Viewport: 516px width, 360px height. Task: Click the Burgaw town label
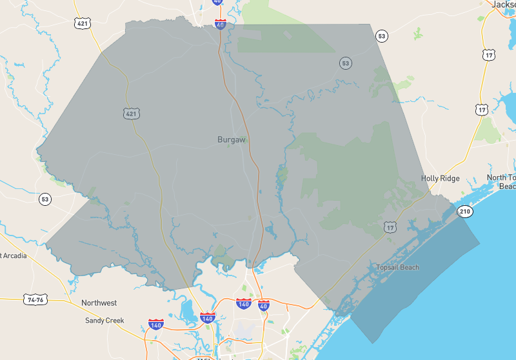[232, 139]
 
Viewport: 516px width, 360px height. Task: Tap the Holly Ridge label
[441, 178]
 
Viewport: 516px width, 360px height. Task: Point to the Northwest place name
[99, 303]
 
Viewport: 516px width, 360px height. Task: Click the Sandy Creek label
[104, 320]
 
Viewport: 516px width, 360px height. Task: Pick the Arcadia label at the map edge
[14, 255]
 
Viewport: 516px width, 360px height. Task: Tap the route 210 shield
[464, 212]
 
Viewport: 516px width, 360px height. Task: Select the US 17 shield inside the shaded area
[390, 227]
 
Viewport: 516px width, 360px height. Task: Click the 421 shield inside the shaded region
[132, 114]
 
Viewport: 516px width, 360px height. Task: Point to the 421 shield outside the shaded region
[83, 23]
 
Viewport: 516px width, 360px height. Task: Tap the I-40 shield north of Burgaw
[221, 25]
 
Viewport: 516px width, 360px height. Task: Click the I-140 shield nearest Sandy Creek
[155, 323]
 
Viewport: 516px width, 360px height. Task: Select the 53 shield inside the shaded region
[346, 63]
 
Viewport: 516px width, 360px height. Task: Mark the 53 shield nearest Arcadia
[44, 199]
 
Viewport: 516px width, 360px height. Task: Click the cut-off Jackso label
[503, 5]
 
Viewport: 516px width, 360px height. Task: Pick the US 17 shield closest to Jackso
[488, 54]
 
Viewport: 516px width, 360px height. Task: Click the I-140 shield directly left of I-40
[243, 303]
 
